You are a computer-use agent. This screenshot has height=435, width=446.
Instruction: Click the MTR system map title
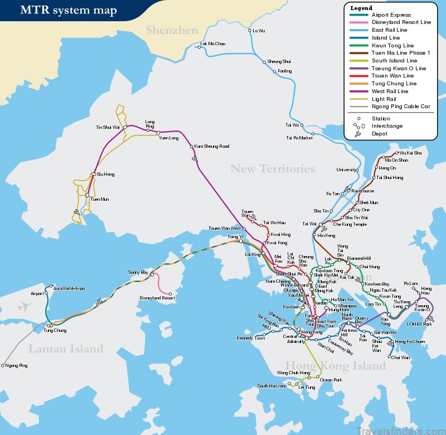pyautogui.click(x=69, y=10)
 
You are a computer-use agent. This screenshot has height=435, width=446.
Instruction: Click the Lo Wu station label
pyautogui.click(x=259, y=30)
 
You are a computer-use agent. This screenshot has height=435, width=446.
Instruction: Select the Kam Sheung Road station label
pyautogui.click(x=212, y=147)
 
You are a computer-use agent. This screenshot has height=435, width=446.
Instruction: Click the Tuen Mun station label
pyautogui.click(x=99, y=199)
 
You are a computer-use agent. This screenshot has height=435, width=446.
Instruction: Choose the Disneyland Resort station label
pyautogui.click(x=157, y=298)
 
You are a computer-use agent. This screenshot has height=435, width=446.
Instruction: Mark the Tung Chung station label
pyautogui.click(x=55, y=331)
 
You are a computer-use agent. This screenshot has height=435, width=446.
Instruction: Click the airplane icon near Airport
pyautogui.click(x=23, y=306)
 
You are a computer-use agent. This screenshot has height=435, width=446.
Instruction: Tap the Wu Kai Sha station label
pyautogui.click(x=410, y=153)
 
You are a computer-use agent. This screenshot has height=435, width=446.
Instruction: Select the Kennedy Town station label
pyautogui.click(x=251, y=339)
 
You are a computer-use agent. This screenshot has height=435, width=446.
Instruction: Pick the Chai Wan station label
pyautogui.click(x=400, y=357)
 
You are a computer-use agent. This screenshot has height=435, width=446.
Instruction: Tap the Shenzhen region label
pyautogui.click(x=172, y=30)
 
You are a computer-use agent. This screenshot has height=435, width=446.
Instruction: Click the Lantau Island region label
pyautogui.click(x=65, y=349)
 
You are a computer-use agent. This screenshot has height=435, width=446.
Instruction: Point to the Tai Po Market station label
pyautogui.click(x=299, y=137)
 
